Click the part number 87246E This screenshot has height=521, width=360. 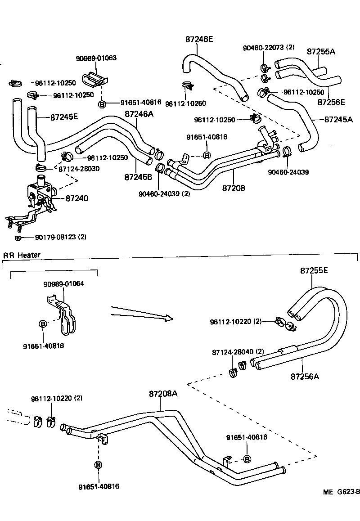click(199, 39)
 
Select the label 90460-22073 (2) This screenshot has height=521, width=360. click(268, 47)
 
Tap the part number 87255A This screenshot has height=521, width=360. click(321, 52)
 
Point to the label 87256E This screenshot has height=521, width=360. click(331, 102)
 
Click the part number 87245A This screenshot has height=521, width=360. click(338, 120)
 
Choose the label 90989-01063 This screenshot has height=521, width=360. click(96, 58)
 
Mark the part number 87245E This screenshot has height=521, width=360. click(64, 117)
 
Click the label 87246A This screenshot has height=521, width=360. click(139, 114)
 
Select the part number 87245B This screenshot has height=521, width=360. click(138, 177)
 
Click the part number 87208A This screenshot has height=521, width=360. click(163, 394)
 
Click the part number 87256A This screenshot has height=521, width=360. click(305, 376)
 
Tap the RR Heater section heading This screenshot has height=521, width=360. click(22, 255)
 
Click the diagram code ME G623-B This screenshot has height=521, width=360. click(341, 492)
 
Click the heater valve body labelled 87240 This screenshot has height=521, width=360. click(40, 193)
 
